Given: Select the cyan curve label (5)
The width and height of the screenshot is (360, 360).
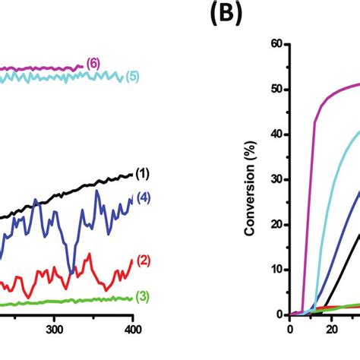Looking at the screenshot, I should coord(133,76).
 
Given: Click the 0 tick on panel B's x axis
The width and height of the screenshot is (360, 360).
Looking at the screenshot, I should coord(289,329).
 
